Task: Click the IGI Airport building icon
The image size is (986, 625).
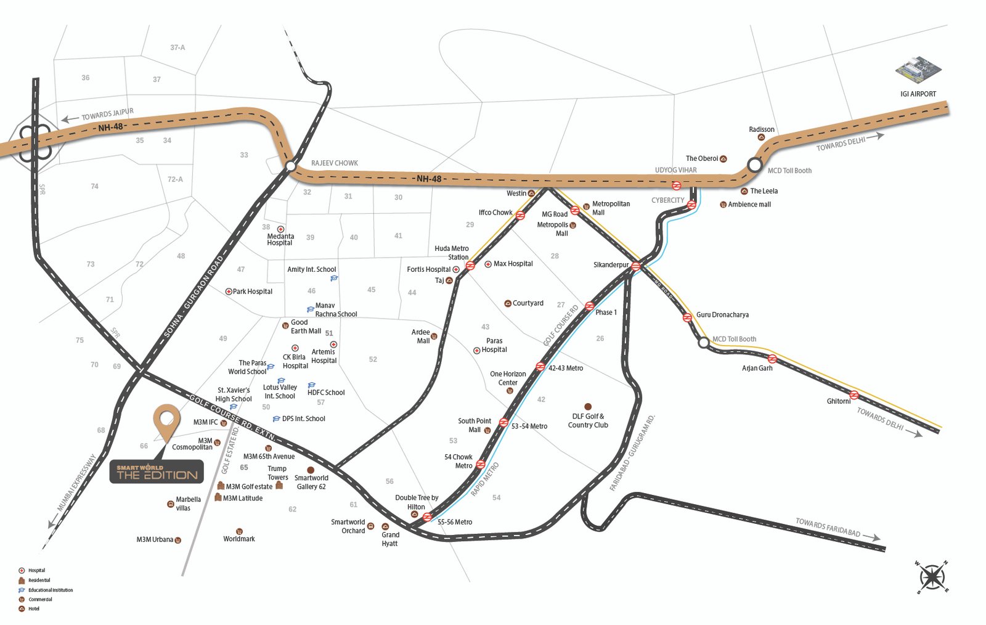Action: click(x=918, y=70)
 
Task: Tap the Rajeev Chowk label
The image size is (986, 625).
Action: click(x=334, y=163)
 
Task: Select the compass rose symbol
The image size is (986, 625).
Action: click(x=932, y=578)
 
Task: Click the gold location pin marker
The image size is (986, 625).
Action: click(x=166, y=421)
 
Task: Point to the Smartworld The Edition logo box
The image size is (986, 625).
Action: click(x=157, y=472)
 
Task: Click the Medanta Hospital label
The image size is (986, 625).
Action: click(x=280, y=240)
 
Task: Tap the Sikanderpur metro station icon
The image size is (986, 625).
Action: click(x=636, y=266)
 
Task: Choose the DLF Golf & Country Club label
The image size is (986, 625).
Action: click(x=588, y=421)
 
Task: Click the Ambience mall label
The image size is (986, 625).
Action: click(x=749, y=205)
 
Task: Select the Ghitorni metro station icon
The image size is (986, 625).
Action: click(x=854, y=395)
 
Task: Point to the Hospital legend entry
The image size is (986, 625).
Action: click(x=36, y=571)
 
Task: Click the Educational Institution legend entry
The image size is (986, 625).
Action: click(x=50, y=590)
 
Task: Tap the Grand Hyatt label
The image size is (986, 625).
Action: click(x=390, y=539)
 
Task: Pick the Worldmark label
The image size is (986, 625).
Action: click(x=239, y=539)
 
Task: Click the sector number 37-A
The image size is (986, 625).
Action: click(x=177, y=47)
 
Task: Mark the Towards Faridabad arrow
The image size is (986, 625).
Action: click(x=871, y=537)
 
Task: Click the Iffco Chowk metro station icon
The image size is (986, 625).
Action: click(x=520, y=215)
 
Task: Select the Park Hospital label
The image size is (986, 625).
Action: click(x=252, y=292)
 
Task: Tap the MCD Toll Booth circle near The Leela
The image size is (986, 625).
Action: click(x=755, y=165)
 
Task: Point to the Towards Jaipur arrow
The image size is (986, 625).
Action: click(x=70, y=119)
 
